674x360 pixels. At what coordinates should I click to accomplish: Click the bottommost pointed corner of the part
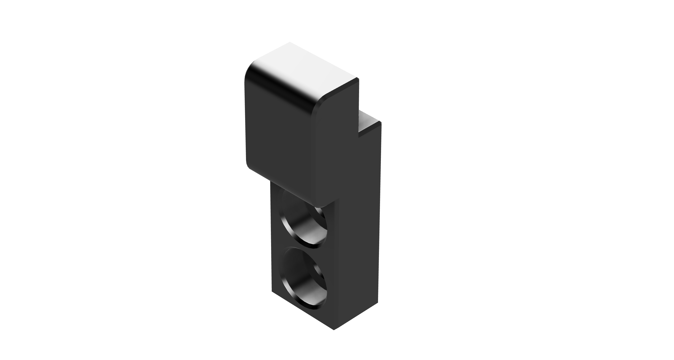[334, 330]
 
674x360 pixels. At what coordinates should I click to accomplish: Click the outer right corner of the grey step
[380, 122]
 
